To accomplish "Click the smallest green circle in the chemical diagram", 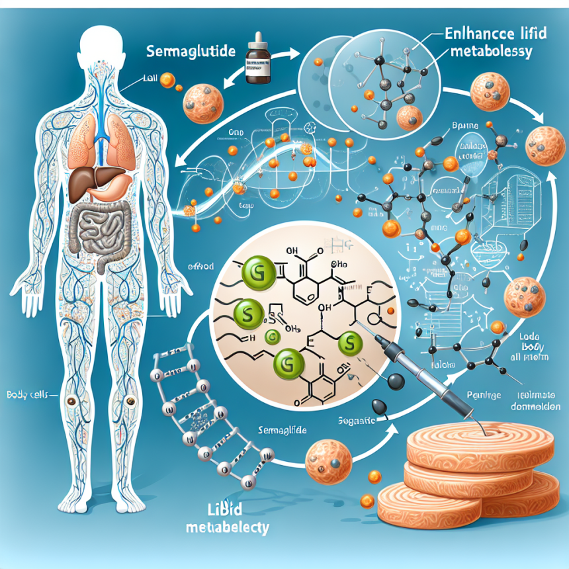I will (x=270, y=337).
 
